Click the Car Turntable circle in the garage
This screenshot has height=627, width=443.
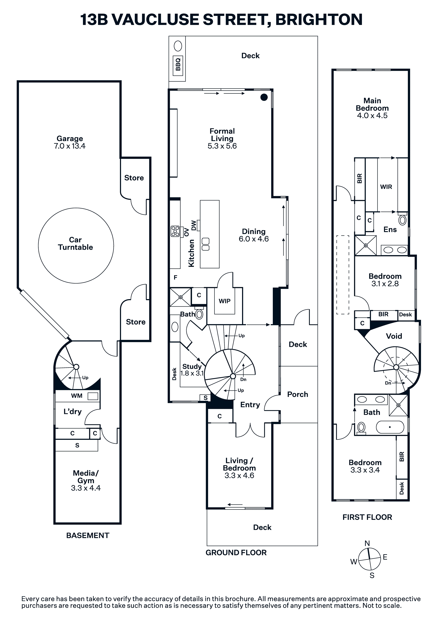coord(76,208)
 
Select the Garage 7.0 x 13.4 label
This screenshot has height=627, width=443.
coord(70,142)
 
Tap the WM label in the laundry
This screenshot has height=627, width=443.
coord(77,396)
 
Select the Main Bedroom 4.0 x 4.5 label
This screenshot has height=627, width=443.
coord(372,108)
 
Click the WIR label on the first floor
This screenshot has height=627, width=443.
coord(386,187)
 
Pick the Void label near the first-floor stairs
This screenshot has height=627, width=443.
coord(394,336)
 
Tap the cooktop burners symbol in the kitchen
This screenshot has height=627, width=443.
coord(175,231)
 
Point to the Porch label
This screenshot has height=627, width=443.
coord(297,394)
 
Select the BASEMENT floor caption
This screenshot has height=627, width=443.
coord(88,535)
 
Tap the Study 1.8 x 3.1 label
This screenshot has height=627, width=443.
coord(192,370)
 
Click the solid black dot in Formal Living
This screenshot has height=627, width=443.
coord(264,97)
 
